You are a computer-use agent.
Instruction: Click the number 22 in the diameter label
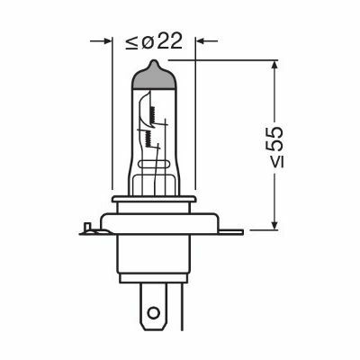(169, 41)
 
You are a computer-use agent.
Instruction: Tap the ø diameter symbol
(148, 43)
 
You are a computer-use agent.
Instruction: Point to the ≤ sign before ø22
(132, 42)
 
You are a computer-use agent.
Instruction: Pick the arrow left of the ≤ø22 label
(101, 40)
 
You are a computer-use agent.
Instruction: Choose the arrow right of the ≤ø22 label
(207, 40)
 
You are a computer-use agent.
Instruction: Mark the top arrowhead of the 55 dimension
(274, 67)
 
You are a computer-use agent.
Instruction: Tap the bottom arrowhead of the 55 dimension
(274, 223)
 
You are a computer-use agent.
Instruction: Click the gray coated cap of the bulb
(154, 76)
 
